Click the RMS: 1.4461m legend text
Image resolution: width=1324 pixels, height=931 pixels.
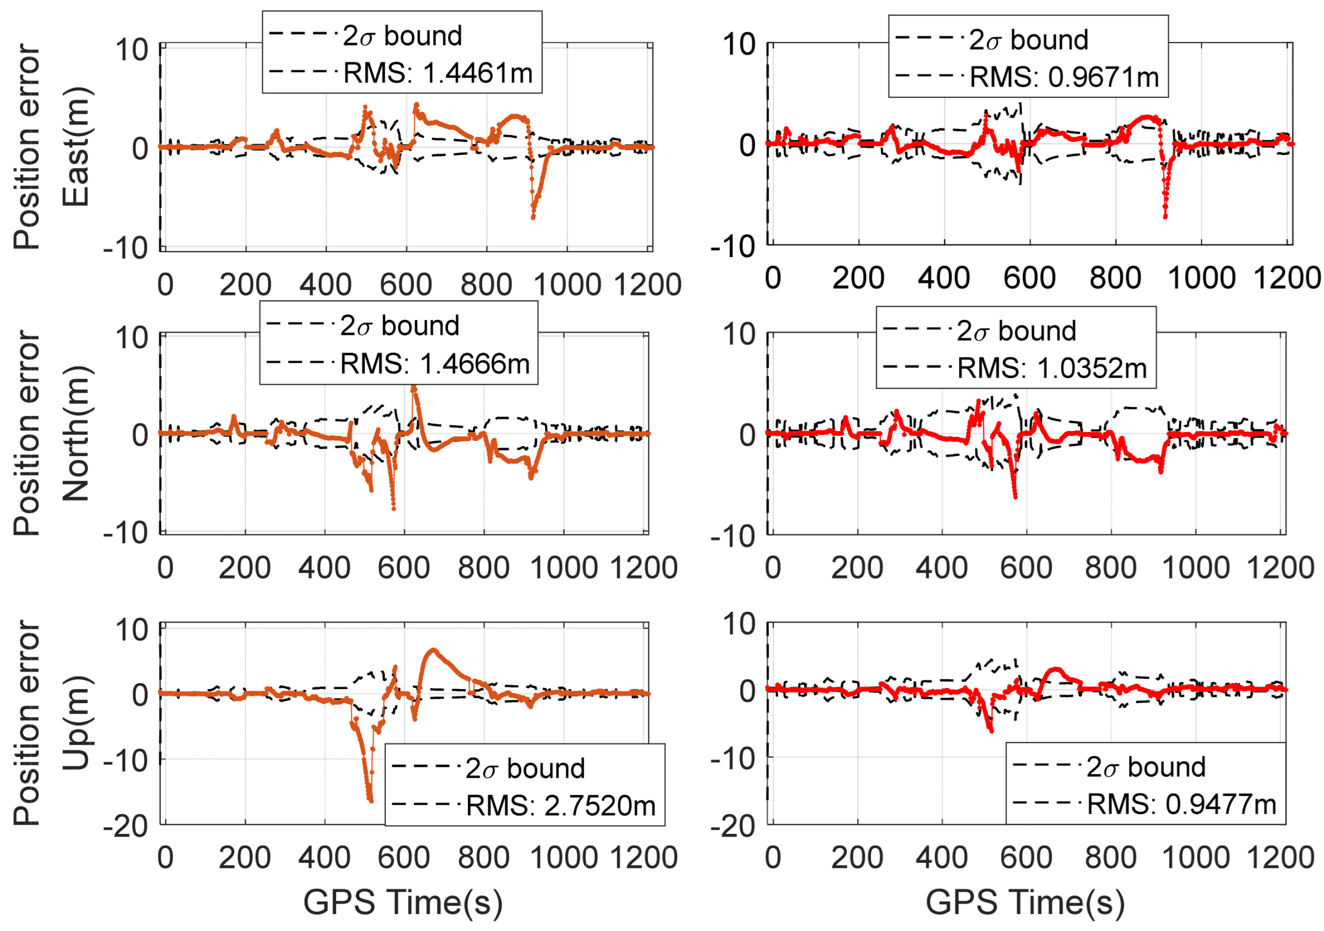(437, 73)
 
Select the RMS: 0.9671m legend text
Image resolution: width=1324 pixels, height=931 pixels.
(1063, 77)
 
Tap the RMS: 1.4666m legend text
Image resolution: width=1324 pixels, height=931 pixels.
(434, 364)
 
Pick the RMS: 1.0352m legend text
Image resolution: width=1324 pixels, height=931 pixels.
(1051, 368)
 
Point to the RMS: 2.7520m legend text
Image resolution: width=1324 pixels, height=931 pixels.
(560, 805)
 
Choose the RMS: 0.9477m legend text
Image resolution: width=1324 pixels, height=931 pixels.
(1181, 804)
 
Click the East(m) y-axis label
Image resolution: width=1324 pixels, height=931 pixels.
(76, 147)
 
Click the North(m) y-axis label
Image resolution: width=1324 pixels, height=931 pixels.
(76, 433)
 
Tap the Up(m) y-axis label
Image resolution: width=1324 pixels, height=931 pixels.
(76, 722)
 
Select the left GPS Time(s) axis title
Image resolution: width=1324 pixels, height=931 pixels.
(403, 902)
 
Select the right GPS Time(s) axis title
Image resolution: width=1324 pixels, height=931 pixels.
(1025, 902)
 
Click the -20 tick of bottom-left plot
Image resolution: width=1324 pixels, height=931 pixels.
(126, 826)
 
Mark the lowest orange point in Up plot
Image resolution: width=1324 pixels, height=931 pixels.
(370, 801)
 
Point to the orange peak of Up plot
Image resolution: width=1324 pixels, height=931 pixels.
(433, 651)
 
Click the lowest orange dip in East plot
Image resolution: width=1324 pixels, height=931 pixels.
(533, 218)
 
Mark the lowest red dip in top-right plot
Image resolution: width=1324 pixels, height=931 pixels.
(1165, 217)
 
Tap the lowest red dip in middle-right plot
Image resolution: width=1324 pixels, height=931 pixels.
(1015, 497)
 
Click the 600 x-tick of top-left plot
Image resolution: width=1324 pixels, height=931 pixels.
(405, 285)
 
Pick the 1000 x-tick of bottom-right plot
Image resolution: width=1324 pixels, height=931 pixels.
(1195, 858)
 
